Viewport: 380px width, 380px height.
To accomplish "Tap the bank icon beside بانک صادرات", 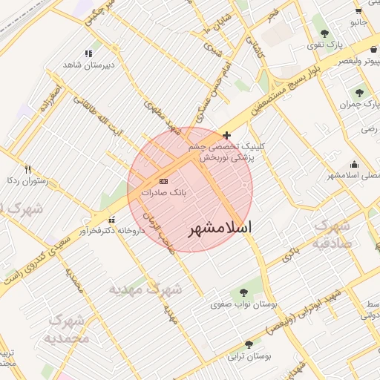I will coord(163,181).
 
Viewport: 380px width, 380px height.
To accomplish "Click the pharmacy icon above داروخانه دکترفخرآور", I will coord(111,220).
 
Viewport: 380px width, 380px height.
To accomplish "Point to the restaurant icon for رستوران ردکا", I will coord(28,168).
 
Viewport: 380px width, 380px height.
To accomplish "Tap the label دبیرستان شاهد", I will coord(89,65).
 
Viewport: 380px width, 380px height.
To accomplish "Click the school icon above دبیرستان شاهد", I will coord(88,53).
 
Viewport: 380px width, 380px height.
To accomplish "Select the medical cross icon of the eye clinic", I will coord(226,135).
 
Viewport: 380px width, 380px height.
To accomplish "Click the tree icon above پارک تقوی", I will coord(324,33).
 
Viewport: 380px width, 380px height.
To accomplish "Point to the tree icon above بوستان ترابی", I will coord(248,344).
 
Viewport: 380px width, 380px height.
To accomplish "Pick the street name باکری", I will coord(290,255).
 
